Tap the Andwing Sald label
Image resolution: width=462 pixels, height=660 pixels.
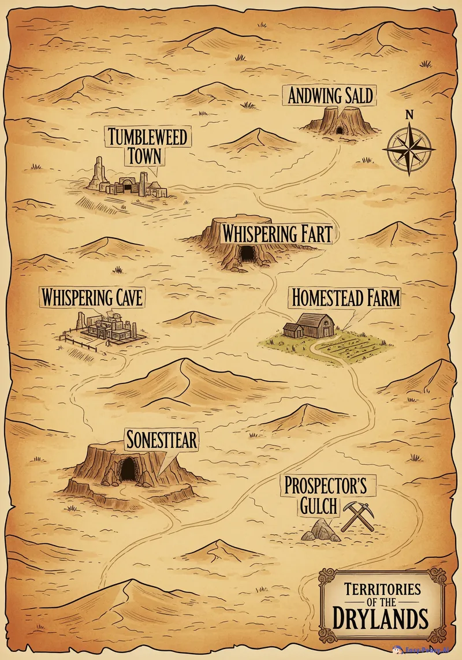click(331, 95)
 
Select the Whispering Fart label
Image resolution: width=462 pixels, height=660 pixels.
click(277, 234)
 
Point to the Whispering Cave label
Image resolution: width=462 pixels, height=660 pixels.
click(92, 298)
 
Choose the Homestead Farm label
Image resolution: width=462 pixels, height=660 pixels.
click(345, 298)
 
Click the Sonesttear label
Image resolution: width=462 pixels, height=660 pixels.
click(162, 441)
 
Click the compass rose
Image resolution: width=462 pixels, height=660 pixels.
click(409, 148)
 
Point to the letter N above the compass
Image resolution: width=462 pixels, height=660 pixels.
click(409, 114)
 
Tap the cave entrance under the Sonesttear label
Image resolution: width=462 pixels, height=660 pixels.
click(127, 468)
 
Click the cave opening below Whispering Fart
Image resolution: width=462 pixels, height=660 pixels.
click(247, 253)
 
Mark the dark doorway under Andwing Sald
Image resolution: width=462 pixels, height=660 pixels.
click(340, 130)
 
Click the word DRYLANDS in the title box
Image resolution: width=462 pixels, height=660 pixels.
click(381, 619)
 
